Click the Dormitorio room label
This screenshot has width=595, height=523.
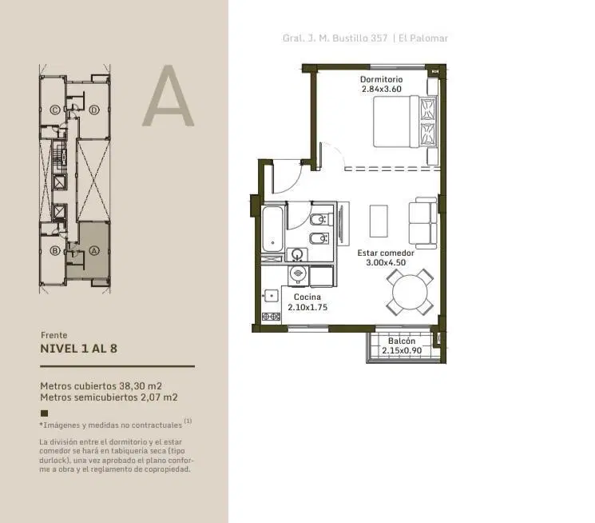[382, 79]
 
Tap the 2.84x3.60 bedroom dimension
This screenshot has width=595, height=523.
[382, 90]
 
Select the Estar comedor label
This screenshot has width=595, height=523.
[386, 253]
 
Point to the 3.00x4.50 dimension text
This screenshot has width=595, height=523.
[386, 262]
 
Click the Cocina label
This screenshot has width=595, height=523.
[307, 297]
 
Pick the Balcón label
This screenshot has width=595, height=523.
[402, 341]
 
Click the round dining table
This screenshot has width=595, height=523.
[410, 292]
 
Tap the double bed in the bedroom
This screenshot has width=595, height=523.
[404, 122]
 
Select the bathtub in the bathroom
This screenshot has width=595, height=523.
[272, 229]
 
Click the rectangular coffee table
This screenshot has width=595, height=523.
[379, 221]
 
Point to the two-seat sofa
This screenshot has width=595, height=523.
[422, 223]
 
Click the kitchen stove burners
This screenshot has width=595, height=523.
[272, 316]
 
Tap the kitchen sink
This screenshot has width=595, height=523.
[271, 296]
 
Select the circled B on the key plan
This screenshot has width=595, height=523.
[55, 251]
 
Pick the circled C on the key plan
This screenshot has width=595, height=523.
[55, 110]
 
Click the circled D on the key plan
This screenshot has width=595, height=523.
[94, 110]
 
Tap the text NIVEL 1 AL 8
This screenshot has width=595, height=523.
[78, 349]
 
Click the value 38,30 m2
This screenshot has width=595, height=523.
[141, 385]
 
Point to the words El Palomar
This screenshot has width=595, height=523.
[423, 38]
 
